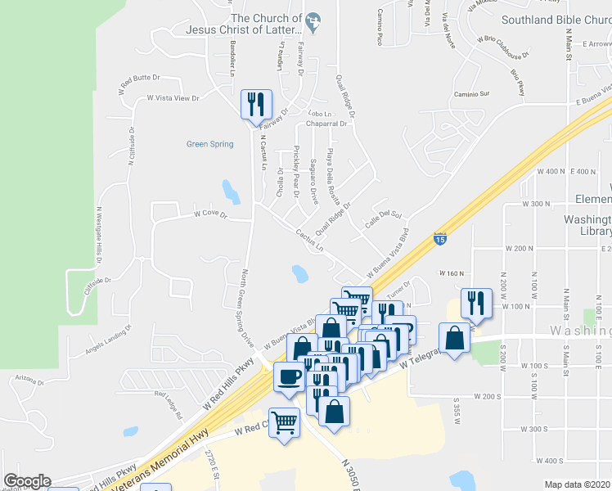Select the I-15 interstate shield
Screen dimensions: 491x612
point(439,239)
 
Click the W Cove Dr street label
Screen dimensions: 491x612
point(210,214)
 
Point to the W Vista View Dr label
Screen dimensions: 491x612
point(173,98)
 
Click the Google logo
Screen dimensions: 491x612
point(26,481)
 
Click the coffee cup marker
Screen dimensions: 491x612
point(288,377)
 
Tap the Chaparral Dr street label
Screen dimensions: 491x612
point(326,124)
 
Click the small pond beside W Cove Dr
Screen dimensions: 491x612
point(232,193)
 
